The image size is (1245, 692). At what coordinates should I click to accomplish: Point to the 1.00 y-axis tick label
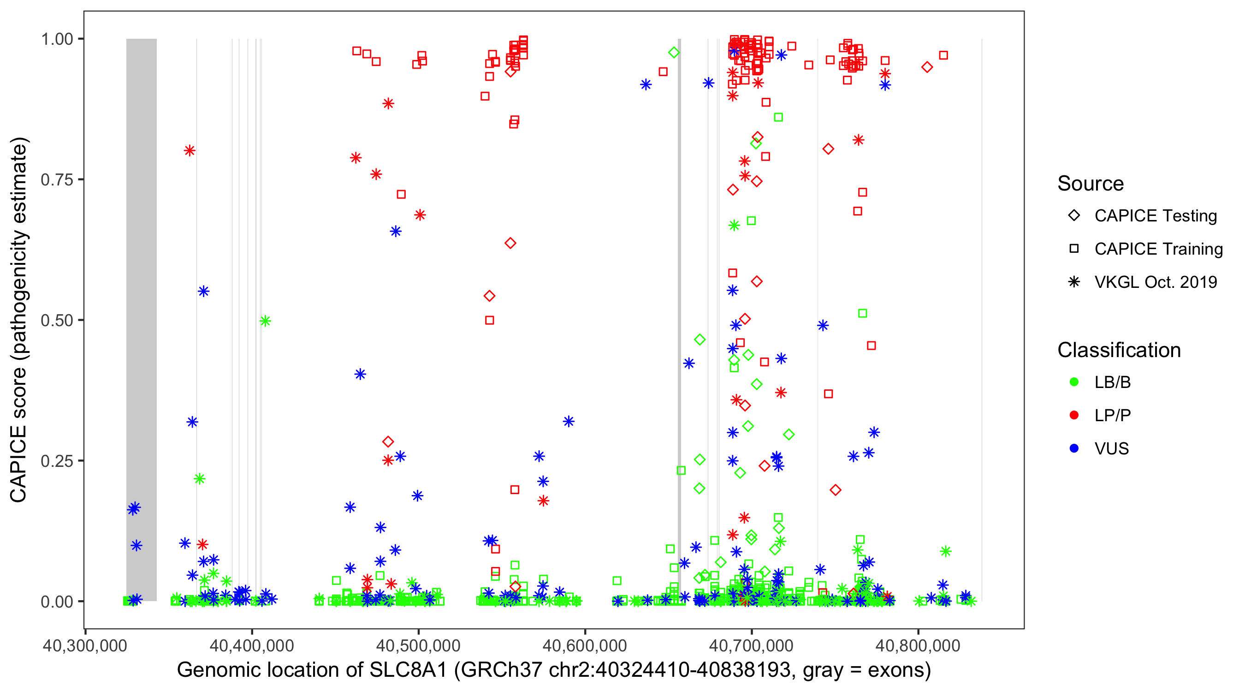tap(57, 39)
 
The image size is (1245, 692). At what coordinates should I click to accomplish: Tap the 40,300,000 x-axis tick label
tap(85, 645)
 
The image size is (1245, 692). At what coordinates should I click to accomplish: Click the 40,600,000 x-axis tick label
tap(585, 645)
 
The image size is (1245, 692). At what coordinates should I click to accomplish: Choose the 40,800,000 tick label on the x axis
tap(918, 645)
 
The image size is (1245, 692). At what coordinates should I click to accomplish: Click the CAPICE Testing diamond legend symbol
tap(1074, 216)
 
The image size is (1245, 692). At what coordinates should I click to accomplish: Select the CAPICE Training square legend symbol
tap(1074, 249)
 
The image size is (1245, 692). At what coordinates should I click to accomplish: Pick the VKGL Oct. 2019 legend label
tap(1156, 282)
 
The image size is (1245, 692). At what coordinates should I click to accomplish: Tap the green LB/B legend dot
tap(1074, 382)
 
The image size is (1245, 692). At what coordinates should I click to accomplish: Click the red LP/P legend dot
tap(1074, 415)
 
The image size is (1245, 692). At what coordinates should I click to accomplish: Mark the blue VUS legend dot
tap(1074, 448)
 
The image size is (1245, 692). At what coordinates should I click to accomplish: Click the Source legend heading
tap(1091, 184)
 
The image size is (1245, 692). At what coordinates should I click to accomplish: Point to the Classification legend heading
tap(1119, 350)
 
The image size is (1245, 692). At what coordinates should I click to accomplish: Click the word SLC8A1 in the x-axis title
tap(409, 670)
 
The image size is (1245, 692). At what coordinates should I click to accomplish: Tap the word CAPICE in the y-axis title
tap(18, 464)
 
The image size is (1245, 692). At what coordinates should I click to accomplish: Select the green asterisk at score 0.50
tap(265, 321)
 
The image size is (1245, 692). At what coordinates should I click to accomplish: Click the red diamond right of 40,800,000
tap(926, 67)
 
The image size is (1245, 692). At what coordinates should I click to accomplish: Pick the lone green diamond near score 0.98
tap(674, 53)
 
